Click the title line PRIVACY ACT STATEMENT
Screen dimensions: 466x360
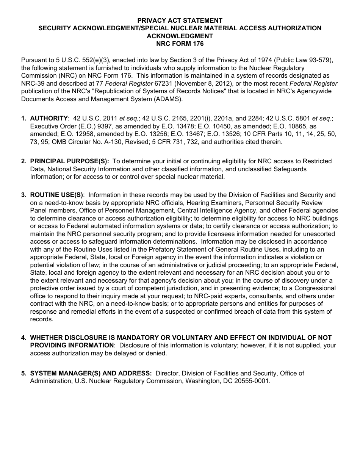180,20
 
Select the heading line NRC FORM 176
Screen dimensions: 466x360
180,44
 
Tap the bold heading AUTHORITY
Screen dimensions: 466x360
49,119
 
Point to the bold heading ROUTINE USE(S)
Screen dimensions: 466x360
56,195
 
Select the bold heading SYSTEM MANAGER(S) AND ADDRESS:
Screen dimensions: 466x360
91,374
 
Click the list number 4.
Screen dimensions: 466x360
23,338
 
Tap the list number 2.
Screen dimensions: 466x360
23,161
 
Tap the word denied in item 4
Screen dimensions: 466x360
157,353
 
